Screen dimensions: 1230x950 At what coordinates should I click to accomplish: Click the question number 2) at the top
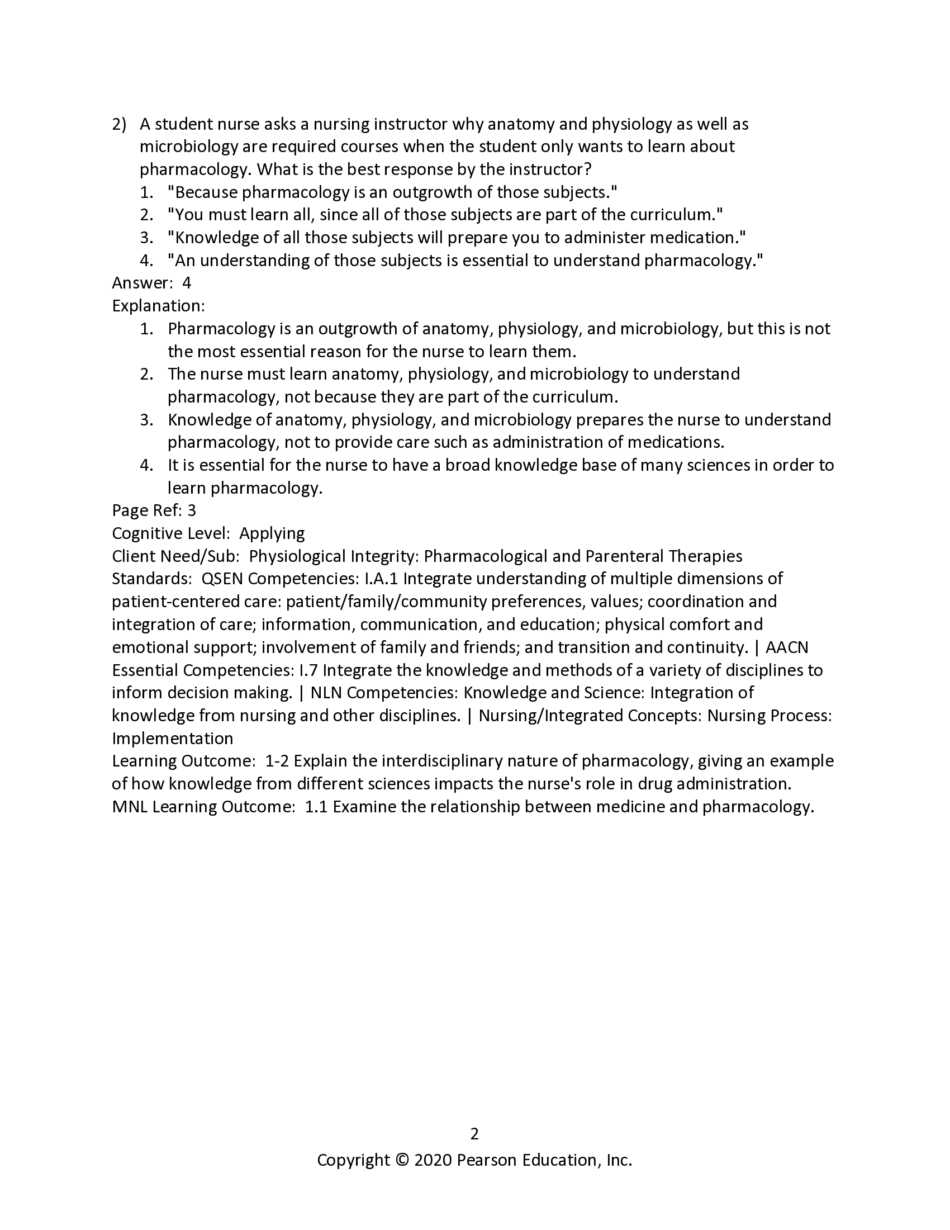(x=120, y=125)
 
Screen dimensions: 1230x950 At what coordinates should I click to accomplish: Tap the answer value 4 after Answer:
(x=187, y=283)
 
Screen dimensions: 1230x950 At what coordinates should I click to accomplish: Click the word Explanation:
(x=158, y=306)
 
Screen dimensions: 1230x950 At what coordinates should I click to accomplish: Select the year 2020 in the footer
(x=433, y=1160)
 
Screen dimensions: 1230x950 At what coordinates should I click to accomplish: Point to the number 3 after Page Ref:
(x=191, y=510)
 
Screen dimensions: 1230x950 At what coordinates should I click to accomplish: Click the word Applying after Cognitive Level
(x=272, y=533)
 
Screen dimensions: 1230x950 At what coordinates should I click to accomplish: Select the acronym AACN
(x=787, y=647)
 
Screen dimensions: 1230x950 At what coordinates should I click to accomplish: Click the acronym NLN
(x=326, y=693)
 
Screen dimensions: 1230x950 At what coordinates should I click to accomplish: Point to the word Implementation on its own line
(x=172, y=739)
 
